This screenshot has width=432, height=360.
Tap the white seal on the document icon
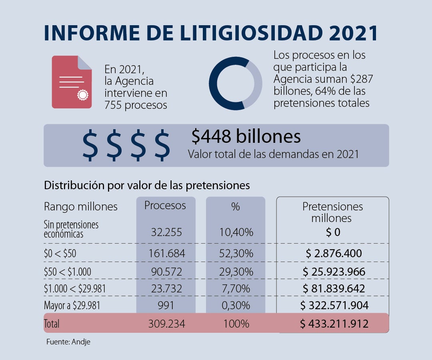pyautogui.click(x=83, y=95)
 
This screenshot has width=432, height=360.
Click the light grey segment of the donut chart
pyautogui.click(x=254, y=83)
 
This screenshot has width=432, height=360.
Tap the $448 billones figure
pyautogui.click(x=246, y=136)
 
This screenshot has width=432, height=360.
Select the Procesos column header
pyautogui.click(x=165, y=206)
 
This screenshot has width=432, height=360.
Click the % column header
pyautogui.click(x=235, y=206)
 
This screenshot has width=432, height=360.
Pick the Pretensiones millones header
pyautogui.click(x=332, y=212)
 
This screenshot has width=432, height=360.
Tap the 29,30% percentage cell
pyautogui.click(x=236, y=272)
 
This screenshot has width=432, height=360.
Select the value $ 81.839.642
pyautogui.click(x=334, y=289)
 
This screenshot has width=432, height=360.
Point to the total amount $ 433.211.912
pyautogui.click(x=334, y=324)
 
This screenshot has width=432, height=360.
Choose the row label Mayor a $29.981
pyautogui.click(x=72, y=306)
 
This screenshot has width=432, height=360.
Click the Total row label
pyautogui.click(x=52, y=324)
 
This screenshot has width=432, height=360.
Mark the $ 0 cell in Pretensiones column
pyautogui.click(x=333, y=232)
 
